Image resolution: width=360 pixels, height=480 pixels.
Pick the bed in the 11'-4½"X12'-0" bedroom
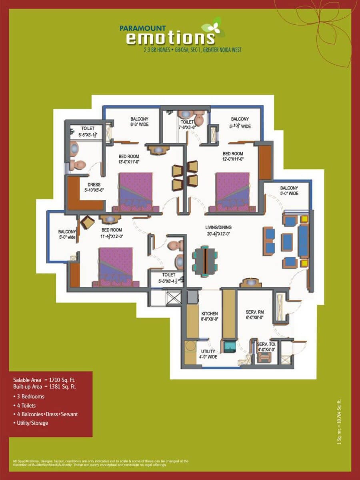pos(116,266)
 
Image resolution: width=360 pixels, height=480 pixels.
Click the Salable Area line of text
pos(44,380)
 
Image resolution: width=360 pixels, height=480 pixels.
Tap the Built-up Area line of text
pos(44,387)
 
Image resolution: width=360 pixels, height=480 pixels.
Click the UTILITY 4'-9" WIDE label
pos(208,354)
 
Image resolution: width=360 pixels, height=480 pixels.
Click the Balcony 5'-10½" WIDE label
pos(240,122)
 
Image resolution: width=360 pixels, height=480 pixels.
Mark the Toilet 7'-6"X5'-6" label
pos(188,125)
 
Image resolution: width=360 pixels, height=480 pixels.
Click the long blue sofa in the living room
pos(303,240)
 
